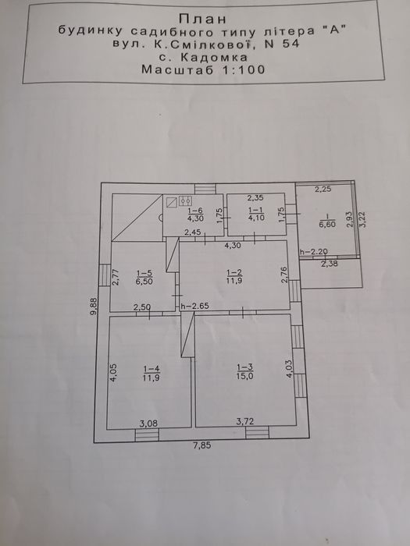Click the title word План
tap(202, 19)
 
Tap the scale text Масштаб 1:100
tap(204, 69)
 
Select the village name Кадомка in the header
tap(219, 57)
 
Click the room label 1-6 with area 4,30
tap(195, 214)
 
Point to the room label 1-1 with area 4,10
tap(257, 214)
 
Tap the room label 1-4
tap(152, 373)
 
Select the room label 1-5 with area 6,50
tap(144, 277)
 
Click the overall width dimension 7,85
tap(202, 445)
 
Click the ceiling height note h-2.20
tap(314, 252)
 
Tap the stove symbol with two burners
tap(186, 200)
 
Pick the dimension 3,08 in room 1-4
tap(148, 424)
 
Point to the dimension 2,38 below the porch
tap(329, 264)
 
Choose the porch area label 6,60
tap(327, 225)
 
